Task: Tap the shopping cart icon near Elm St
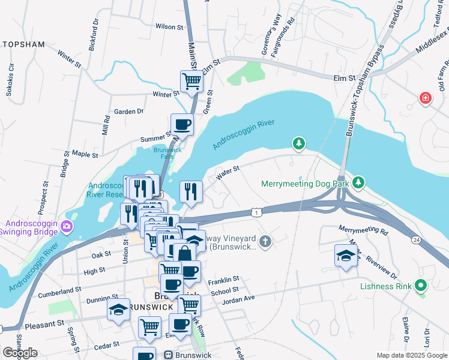point(191,81)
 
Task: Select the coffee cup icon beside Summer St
point(182,124)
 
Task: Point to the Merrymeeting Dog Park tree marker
point(358,181)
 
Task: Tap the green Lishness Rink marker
point(420,286)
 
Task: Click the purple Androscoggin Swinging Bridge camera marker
point(66,226)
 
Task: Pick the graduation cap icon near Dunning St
point(118,310)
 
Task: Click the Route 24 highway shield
point(415,239)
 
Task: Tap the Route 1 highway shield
point(256,212)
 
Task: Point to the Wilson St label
point(169,27)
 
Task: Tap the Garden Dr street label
point(129,111)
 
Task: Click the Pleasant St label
point(45,324)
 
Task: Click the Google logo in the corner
point(20,353)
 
